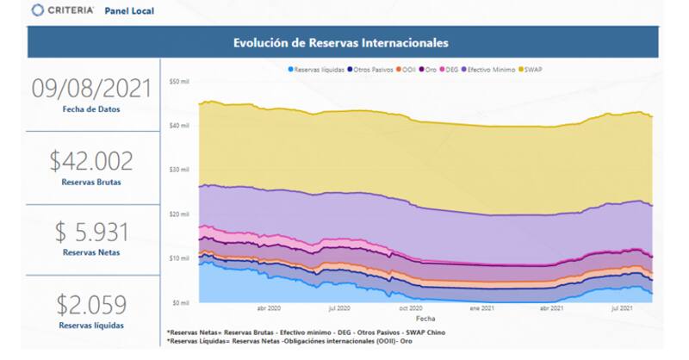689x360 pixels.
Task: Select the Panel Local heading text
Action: (129, 12)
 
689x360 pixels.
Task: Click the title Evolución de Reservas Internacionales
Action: (341, 42)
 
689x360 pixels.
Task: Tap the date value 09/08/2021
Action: (91, 88)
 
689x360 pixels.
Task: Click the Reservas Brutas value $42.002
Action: (91, 160)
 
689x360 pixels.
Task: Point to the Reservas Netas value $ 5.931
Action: (91, 233)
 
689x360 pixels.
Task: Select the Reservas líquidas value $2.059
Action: (91, 304)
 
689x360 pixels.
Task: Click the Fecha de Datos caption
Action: (91, 109)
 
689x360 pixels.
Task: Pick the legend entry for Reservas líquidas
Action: (319, 69)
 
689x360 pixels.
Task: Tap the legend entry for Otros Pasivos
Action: (374, 69)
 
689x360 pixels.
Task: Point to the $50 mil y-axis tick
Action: (178, 82)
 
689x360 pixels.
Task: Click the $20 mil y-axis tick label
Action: (178, 214)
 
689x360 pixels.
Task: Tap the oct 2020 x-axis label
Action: (410, 307)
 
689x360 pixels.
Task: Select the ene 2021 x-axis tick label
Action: (481, 307)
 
